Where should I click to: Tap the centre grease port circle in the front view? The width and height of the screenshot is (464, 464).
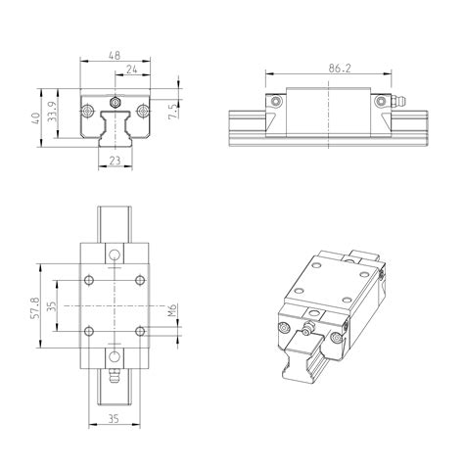116,102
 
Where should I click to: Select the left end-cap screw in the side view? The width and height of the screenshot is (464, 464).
278,101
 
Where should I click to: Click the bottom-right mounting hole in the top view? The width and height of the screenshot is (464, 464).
141,329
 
